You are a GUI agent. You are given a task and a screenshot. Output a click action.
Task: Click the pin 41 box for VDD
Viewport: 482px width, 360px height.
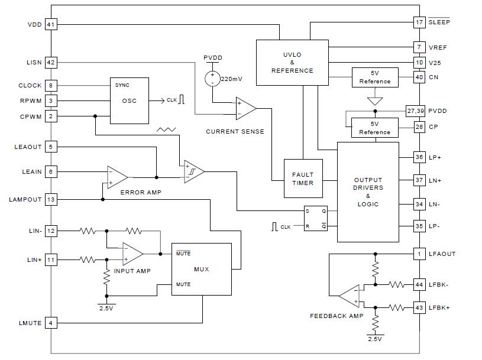[51, 25]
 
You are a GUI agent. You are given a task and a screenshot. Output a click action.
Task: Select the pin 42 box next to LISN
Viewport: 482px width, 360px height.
[51, 62]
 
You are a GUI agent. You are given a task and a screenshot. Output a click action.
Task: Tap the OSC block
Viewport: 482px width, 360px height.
[129, 100]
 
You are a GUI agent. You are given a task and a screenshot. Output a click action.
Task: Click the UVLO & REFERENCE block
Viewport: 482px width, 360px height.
[292, 63]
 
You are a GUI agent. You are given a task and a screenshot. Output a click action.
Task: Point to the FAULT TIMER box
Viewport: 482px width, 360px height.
[303, 179]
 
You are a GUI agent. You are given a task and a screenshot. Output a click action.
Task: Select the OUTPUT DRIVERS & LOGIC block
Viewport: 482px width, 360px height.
[368, 192]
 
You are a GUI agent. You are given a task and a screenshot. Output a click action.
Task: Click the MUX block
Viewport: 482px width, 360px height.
[202, 269]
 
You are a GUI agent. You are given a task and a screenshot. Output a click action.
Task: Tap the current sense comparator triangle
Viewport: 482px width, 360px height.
[245, 109]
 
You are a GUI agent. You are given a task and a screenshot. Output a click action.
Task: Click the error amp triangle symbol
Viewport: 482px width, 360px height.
[117, 177]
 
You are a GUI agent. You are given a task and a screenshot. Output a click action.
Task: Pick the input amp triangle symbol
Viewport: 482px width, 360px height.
[132, 254]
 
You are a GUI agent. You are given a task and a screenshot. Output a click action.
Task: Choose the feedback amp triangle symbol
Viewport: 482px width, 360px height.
[350, 296]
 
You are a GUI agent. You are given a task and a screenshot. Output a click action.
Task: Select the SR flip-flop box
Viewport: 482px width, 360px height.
[316, 218]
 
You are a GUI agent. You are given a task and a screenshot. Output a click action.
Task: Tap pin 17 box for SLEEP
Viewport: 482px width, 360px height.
[419, 22]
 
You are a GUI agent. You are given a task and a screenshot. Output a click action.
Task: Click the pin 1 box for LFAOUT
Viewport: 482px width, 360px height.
[419, 254]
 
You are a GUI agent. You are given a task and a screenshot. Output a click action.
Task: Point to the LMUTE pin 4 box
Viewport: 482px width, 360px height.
[51, 323]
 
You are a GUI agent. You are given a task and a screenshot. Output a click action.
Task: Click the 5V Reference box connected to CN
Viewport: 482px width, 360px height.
[375, 77]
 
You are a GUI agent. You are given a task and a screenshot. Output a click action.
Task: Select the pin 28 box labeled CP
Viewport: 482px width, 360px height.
[419, 127]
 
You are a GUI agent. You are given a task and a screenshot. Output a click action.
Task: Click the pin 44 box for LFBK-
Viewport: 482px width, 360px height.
[419, 285]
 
